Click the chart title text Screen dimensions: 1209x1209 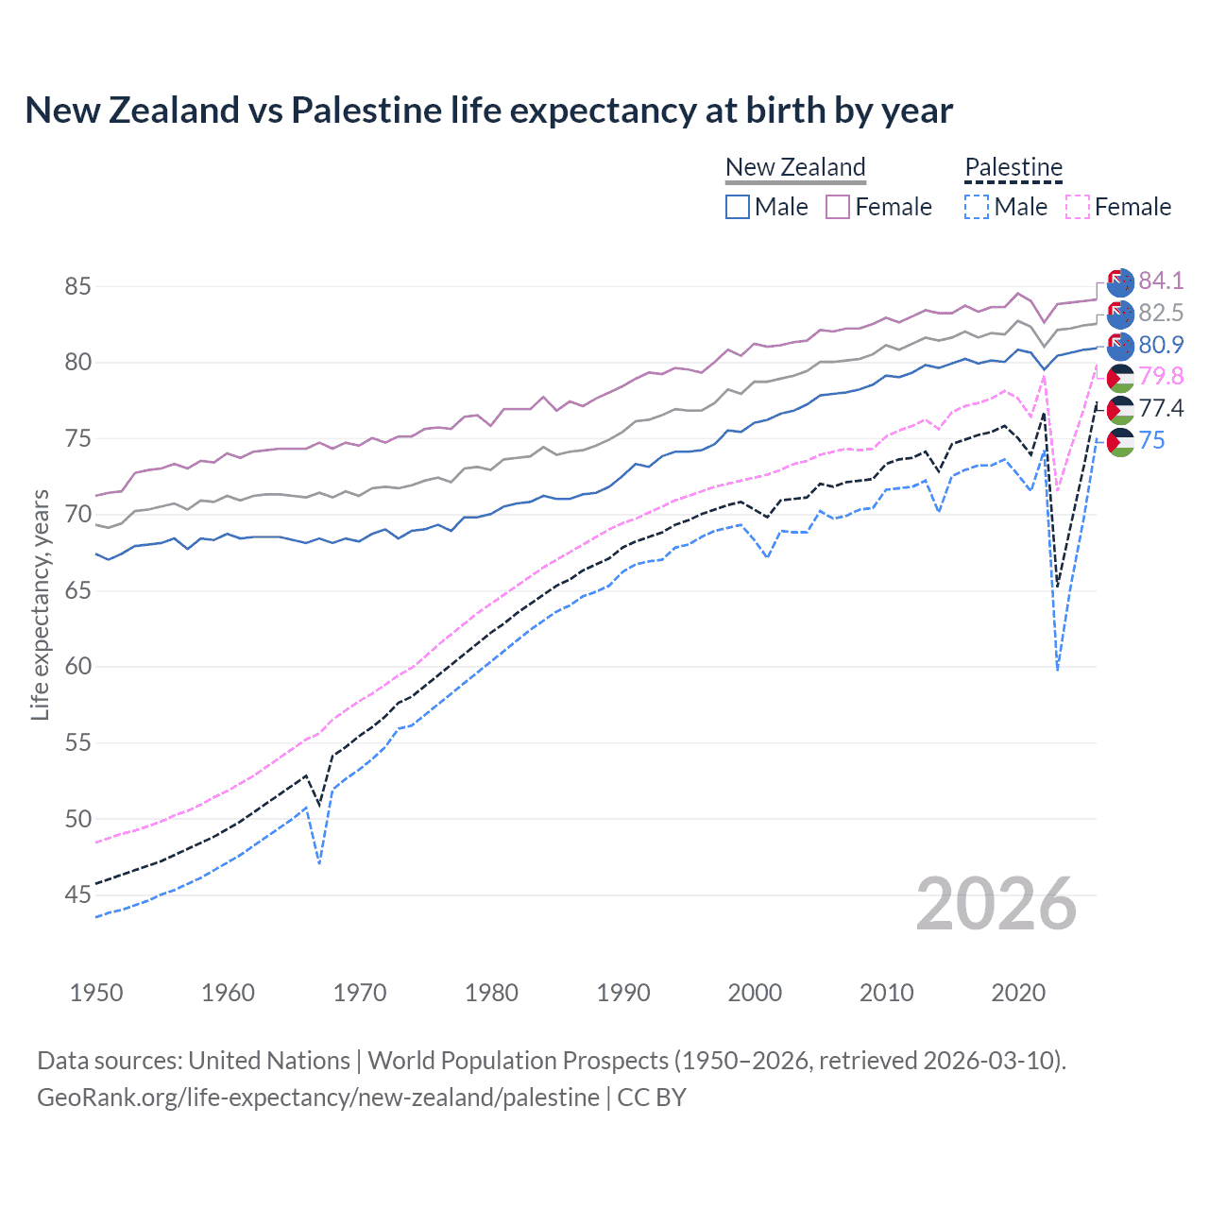point(488,111)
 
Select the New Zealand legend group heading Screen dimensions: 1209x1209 point(795,167)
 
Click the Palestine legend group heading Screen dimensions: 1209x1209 point(1013,167)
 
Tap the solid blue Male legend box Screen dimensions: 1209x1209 point(738,207)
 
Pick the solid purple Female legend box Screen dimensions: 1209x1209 point(838,207)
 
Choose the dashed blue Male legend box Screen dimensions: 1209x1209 point(977,207)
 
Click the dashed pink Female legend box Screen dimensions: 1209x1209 point(1078,207)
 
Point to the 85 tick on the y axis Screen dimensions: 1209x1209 point(77,286)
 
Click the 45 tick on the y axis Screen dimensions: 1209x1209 point(77,894)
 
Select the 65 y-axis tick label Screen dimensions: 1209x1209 point(77,590)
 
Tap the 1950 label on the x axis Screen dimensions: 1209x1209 point(96,993)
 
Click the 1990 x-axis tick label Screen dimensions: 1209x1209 point(623,993)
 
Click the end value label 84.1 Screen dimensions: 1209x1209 point(1161,281)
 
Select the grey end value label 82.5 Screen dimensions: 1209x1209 point(1161,313)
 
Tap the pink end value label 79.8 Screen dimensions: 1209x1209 point(1161,376)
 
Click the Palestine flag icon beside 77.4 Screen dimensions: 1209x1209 point(1120,409)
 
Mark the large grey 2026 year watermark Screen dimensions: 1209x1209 point(996,904)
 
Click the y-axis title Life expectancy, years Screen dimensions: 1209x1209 point(40,604)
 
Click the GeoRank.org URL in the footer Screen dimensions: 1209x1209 point(317,1098)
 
